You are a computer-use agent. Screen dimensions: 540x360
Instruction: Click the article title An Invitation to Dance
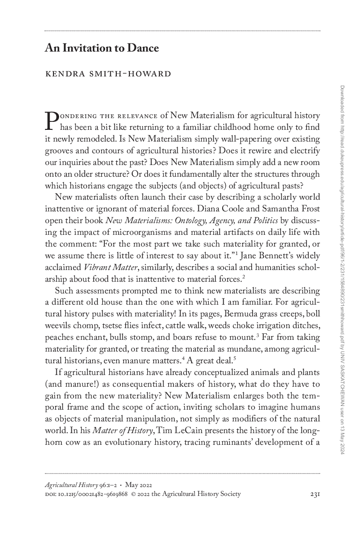[102, 48]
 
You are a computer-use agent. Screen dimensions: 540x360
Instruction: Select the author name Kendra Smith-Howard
[108, 75]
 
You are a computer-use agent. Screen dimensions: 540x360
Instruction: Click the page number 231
[315, 494]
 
